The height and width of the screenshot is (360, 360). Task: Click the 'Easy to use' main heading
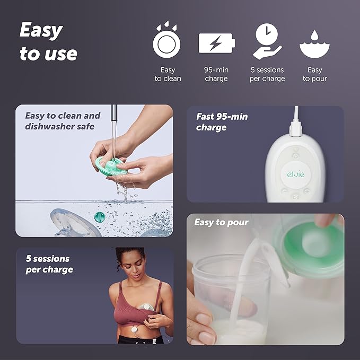[x=48, y=42]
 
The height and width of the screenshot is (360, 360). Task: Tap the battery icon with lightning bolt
[x=216, y=43]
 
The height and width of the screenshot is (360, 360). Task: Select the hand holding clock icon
[x=267, y=41]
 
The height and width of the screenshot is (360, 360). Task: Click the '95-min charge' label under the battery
[x=216, y=74]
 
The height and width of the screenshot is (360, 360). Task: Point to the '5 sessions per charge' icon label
[x=267, y=74]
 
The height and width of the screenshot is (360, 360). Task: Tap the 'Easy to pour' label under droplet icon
[x=314, y=74]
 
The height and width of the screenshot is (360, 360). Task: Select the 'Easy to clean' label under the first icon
[x=168, y=74]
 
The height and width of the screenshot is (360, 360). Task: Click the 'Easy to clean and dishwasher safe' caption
[x=63, y=121]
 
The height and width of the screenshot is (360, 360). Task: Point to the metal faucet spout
[x=113, y=114]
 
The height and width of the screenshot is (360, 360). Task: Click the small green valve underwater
[x=99, y=217]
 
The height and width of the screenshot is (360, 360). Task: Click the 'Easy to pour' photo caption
[x=221, y=222]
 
